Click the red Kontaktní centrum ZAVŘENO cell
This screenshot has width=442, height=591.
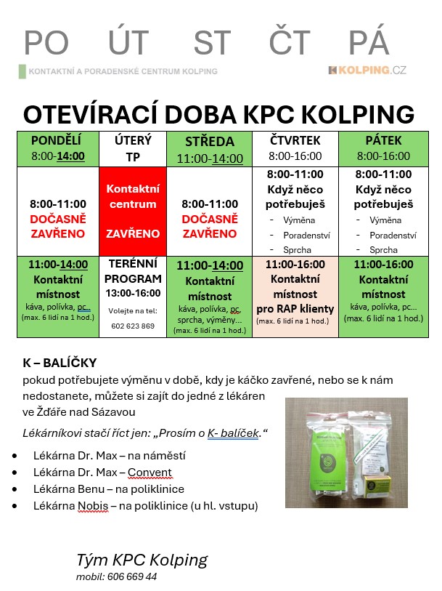point(132,211)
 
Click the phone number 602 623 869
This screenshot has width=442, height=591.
point(132,326)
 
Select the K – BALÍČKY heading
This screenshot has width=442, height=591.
point(60,363)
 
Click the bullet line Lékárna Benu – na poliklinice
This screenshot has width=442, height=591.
point(108,489)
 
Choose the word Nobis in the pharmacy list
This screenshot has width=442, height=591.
point(93,506)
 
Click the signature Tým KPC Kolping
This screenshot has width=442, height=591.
point(142,560)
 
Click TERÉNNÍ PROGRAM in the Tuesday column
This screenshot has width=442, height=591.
point(132,272)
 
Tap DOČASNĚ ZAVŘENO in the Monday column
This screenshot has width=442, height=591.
point(58,226)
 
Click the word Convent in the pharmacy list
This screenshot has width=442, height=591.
point(150,473)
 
